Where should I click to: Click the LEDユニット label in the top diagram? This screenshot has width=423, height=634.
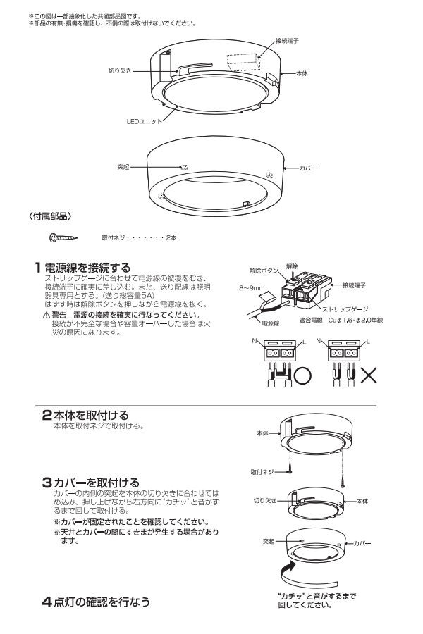point(144,120)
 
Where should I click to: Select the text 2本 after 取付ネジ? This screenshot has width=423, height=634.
point(171,237)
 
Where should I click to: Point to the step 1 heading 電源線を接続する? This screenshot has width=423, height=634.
point(87,268)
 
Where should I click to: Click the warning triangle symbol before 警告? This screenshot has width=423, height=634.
point(47,315)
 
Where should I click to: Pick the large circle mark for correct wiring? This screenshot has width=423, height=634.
point(302,374)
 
